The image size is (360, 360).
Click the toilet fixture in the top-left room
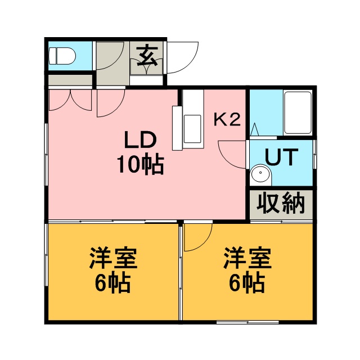click(62, 56)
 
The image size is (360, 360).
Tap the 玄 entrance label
click(147, 56)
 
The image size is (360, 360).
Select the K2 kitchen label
click(227, 120)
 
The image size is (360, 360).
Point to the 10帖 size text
click(140, 165)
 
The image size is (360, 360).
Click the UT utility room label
click(281, 157)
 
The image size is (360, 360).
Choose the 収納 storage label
click(281, 204)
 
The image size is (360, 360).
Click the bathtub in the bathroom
click(298, 112)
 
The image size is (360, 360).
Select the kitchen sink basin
click(192, 129)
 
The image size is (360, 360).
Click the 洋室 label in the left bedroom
click(113, 258)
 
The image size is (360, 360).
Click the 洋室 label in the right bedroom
click(247, 258)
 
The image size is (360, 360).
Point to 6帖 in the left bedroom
click(112, 282)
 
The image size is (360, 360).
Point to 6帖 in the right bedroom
click(247, 282)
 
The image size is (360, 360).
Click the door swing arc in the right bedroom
click(206, 244)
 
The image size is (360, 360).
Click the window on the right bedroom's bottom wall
click(247, 322)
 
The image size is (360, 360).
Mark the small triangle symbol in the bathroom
click(254, 129)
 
